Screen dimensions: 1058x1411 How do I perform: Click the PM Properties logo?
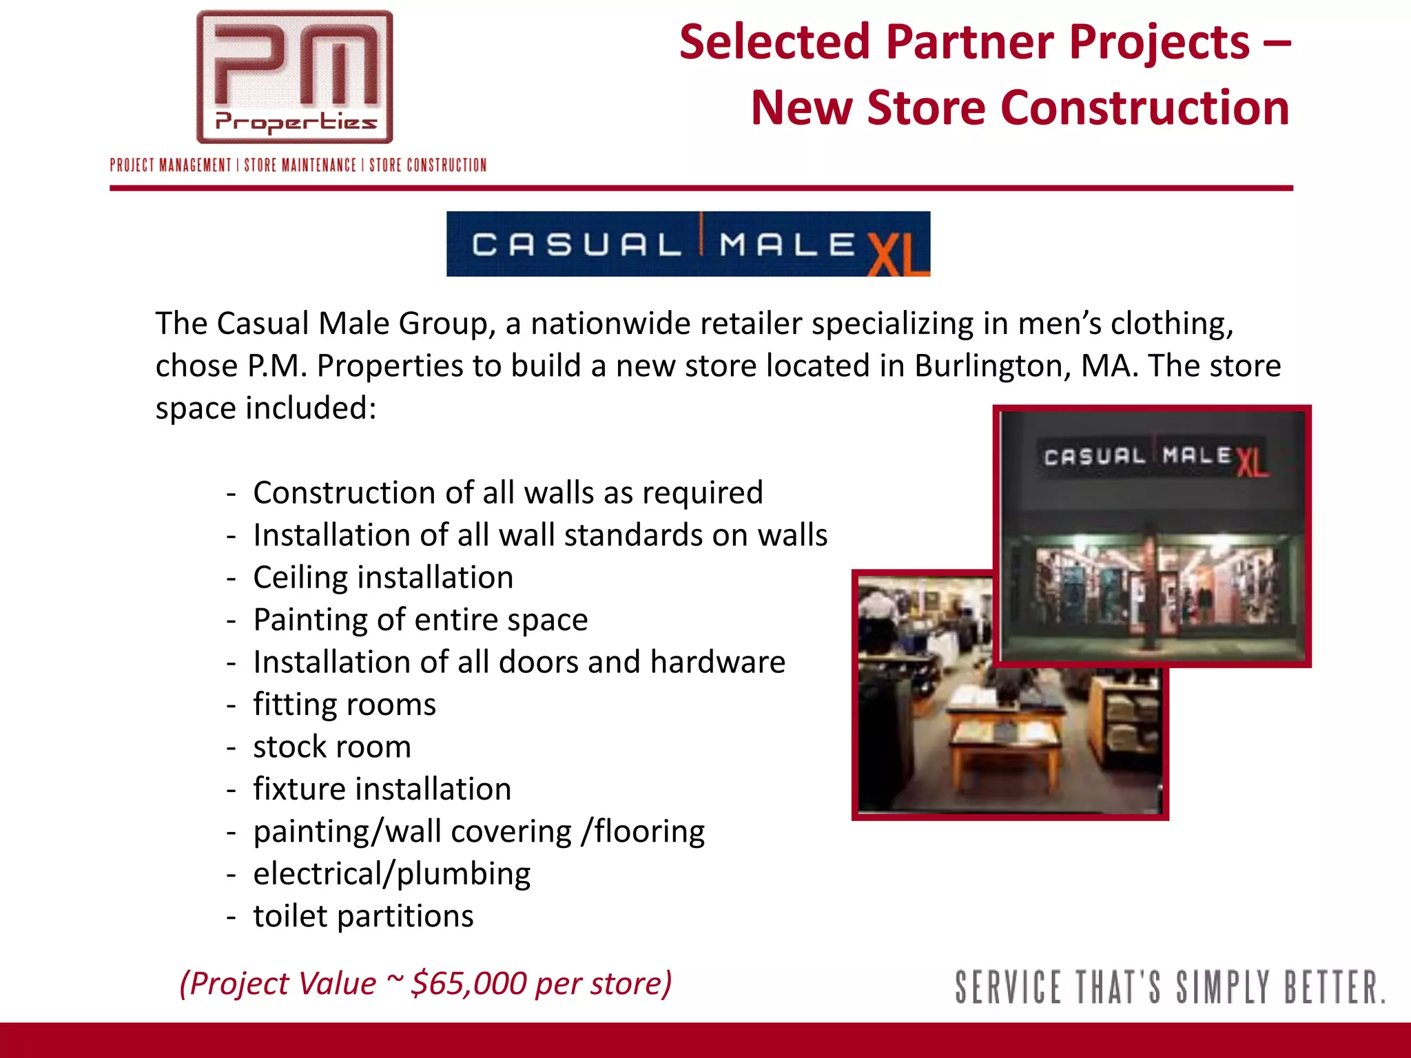click(295, 77)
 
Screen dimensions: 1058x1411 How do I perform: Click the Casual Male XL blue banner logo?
click(688, 244)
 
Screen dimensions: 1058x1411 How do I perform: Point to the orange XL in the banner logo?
click(897, 253)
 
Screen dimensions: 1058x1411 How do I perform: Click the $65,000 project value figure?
click(468, 983)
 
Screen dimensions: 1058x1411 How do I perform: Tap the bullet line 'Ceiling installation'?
click(383, 577)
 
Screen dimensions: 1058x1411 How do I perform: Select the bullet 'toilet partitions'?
click(363, 916)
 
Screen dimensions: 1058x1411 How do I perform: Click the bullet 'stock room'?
click(332, 747)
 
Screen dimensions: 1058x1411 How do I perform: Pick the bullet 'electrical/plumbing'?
click(392, 873)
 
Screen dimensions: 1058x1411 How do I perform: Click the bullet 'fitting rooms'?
click(344, 705)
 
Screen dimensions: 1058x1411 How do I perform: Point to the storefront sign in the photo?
click(1154, 457)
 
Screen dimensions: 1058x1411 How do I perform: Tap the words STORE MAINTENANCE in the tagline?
click(300, 165)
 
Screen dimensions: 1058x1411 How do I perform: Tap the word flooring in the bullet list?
click(649, 831)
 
